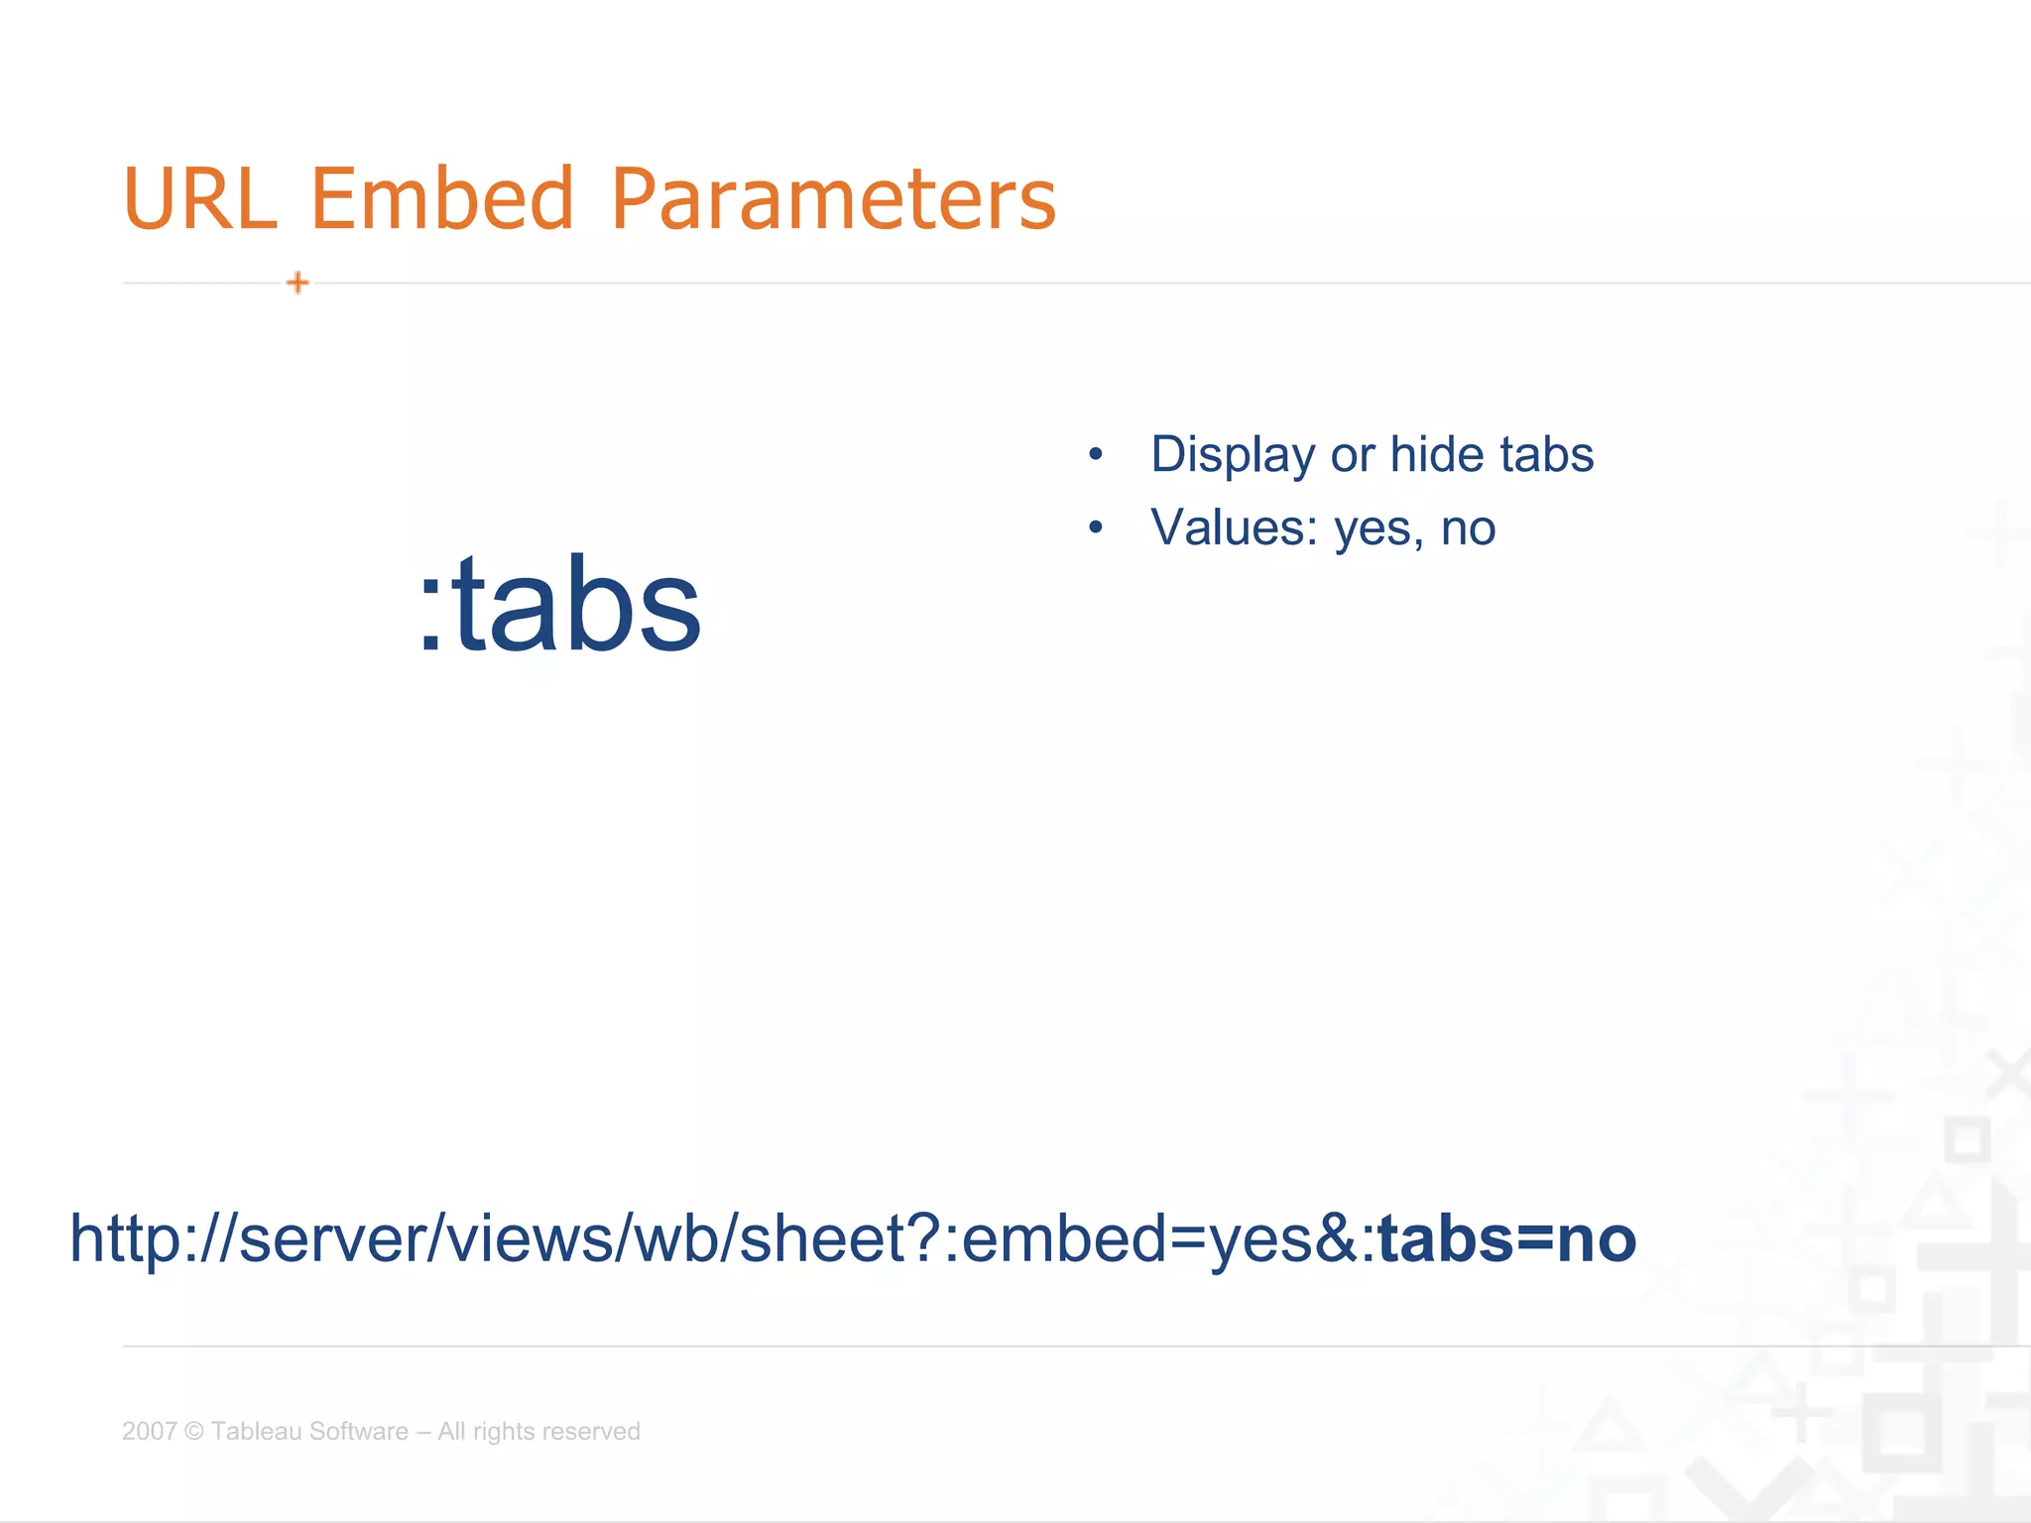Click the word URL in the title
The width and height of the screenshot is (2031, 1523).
click(199, 198)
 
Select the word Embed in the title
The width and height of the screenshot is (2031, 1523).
click(442, 198)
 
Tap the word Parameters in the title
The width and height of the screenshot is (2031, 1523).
click(833, 198)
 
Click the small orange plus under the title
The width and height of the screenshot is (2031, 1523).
click(298, 283)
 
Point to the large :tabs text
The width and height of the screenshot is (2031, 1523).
click(560, 605)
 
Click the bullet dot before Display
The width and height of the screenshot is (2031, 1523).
click(1095, 455)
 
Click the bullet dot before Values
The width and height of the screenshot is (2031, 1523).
click(1095, 527)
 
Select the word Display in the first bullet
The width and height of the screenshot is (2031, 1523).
click(1233, 455)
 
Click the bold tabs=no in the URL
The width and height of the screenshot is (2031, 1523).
click(1507, 1238)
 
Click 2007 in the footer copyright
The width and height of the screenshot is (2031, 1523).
click(149, 1431)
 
